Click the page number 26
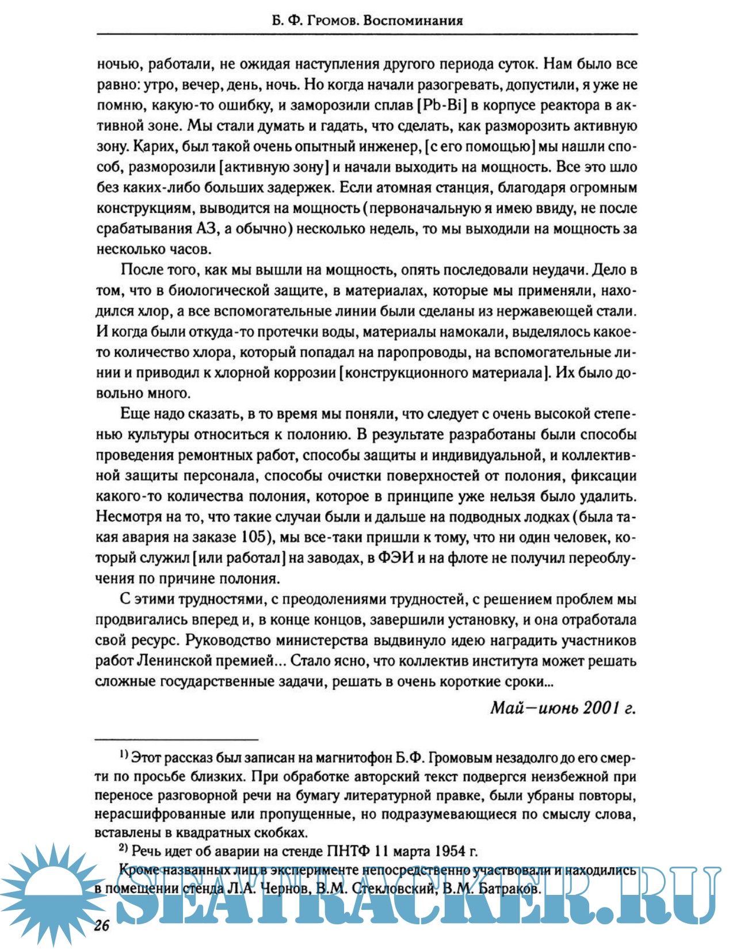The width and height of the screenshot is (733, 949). (102, 925)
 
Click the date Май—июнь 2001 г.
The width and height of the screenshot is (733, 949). (563, 708)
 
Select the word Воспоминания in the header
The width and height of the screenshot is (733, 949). (413, 21)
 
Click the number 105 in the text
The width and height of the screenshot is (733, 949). (254, 538)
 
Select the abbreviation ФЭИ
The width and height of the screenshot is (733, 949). (395, 558)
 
